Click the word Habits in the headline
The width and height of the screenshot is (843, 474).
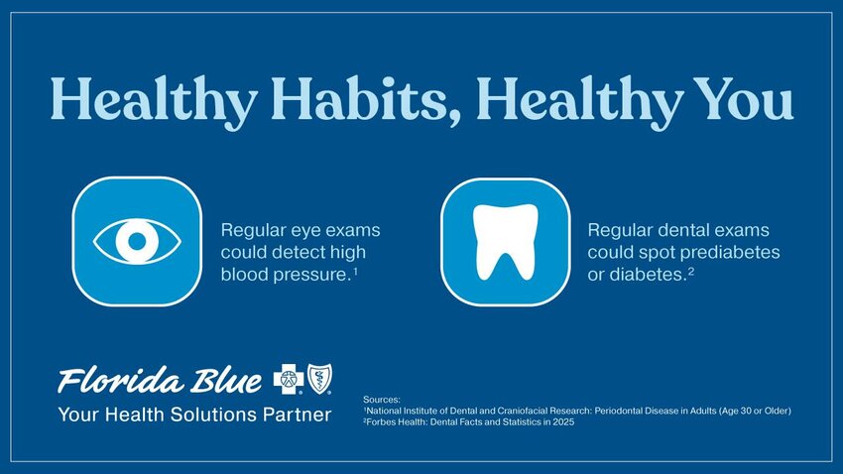click(359, 98)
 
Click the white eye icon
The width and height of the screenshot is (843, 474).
click(137, 241)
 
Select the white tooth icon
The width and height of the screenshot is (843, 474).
click(506, 242)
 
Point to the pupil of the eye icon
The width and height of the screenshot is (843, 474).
click(137, 241)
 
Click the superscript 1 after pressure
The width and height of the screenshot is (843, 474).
click(355, 271)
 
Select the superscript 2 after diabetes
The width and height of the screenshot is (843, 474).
click(691, 271)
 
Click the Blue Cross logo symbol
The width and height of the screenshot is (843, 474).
click(289, 379)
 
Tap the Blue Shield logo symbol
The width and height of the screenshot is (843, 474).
click(319, 379)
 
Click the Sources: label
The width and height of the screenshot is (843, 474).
click(382, 400)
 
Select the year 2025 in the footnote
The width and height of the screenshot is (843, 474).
click(564, 421)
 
